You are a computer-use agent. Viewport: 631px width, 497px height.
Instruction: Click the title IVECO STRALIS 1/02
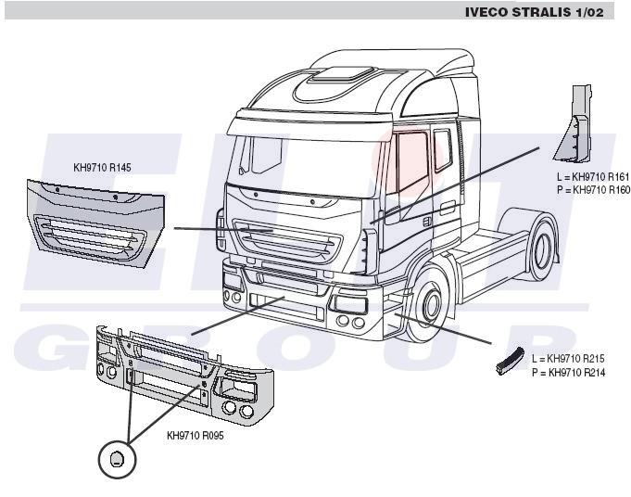click(536, 12)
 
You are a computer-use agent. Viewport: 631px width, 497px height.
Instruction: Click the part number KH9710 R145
click(102, 169)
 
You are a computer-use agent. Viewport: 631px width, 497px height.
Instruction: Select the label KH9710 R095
click(195, 435)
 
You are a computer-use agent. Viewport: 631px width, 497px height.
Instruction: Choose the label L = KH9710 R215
click(569, 358)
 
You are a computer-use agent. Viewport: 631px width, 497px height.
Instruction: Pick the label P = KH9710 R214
click(569, 372)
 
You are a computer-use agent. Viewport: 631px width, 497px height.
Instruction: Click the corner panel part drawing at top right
click(574, 124)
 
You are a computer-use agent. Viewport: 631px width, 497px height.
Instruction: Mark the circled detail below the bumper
click(117, 458)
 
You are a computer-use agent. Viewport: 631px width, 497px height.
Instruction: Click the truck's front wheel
click(428, 307)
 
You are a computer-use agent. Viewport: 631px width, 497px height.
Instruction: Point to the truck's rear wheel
click(542, 248)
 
